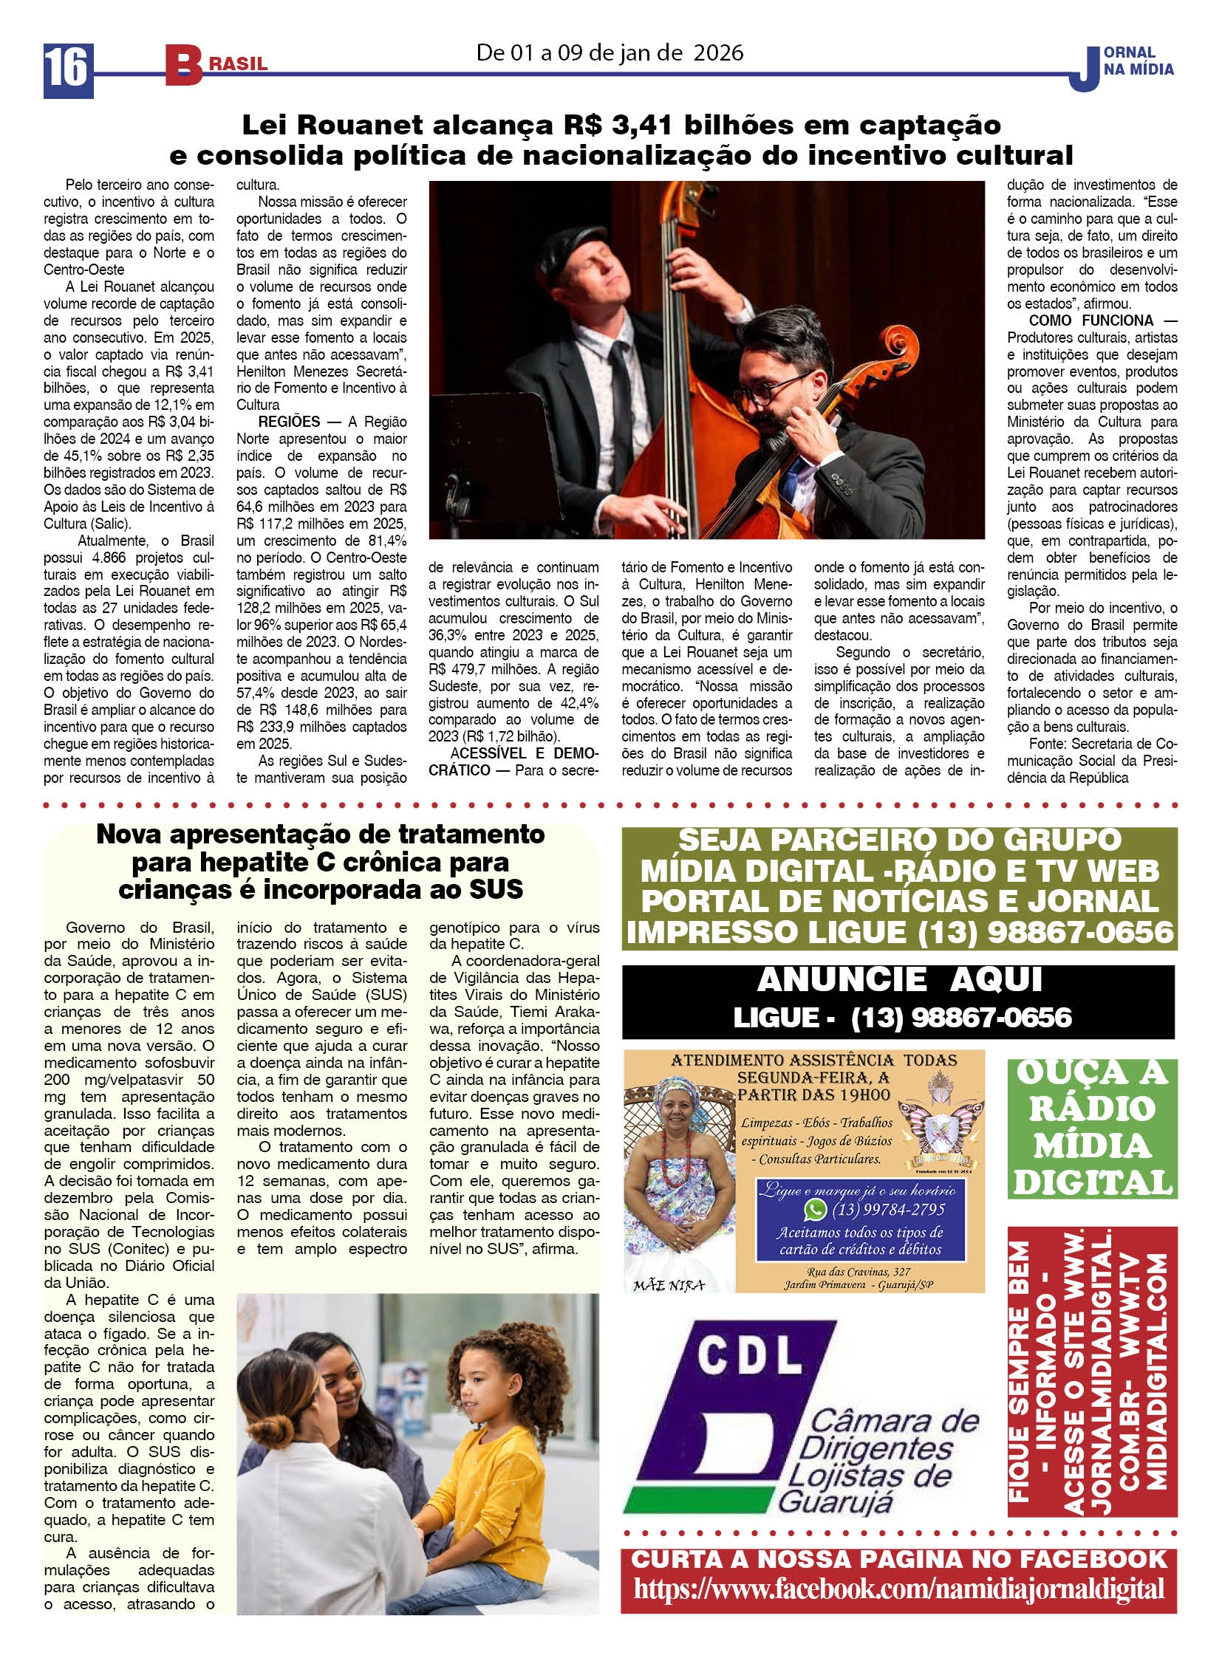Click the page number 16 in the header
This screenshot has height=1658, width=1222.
pyautogui.click(x=67, y=68)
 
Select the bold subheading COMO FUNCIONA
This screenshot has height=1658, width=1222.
pyautogui.click(x=1090, y=321)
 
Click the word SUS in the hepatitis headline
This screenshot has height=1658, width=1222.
pyautogui.click(x=496, y=890)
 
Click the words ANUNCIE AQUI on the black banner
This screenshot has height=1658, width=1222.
pyautogui.click(x=898, y=981)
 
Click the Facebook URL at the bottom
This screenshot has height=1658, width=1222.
pyautogui.click(x=898, y=1589)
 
